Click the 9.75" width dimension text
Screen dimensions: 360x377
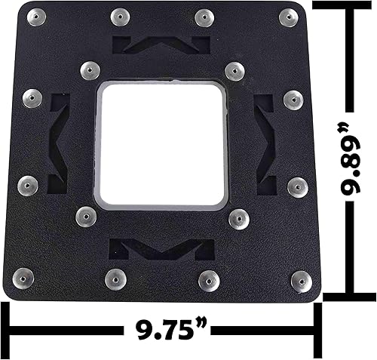click(163, 331)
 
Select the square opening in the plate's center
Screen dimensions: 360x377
click(162, 144)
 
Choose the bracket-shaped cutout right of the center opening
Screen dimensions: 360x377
click(265, 144)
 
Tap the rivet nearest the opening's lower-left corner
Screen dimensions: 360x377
click(85, 218)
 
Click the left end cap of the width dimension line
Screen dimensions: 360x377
click(8, 331)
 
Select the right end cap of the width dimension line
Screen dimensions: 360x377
click(317, 331)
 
